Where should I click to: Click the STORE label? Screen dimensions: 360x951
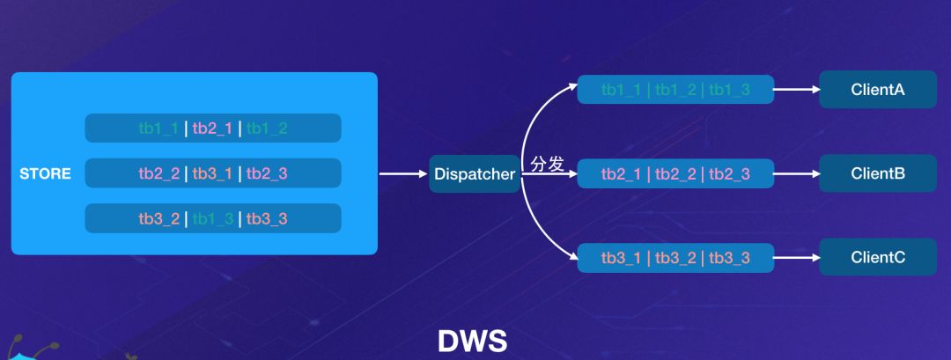45,174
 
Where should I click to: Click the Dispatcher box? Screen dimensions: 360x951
474,174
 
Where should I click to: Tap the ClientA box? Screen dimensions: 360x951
878,90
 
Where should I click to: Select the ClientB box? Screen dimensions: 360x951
878,174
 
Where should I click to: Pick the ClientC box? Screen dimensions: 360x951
878,258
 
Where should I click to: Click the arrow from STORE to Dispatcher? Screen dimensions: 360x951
402,174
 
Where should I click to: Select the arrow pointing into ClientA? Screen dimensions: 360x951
796,90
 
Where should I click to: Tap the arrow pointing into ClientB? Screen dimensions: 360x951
796,174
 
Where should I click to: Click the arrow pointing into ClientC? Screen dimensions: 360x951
796,258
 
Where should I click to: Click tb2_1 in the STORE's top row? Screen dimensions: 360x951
212,129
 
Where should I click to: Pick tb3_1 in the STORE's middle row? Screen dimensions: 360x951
212,174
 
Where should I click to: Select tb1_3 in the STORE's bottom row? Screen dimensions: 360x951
212,219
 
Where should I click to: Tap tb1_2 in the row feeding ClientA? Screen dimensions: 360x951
675,90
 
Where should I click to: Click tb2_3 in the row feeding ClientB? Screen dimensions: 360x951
729,174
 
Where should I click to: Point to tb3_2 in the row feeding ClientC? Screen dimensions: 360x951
675,258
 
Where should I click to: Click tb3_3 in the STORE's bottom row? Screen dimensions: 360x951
267,219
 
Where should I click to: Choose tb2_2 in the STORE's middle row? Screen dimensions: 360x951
158,174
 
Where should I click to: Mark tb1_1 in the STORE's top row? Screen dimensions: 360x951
158,129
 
